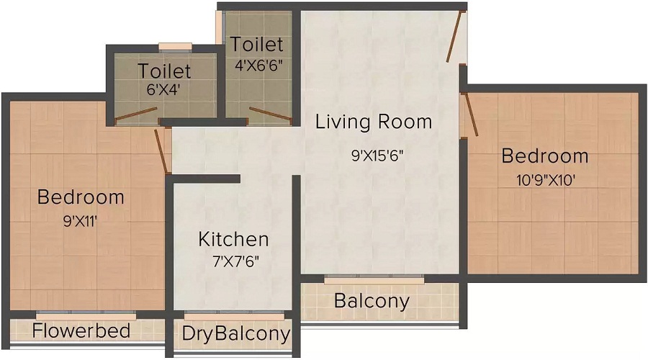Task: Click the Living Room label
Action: click(374, 121)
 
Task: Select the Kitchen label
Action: click(233, 239)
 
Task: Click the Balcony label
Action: click(372, 300)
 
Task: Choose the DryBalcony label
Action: click(235, 333)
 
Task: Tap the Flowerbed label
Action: click(81, 330)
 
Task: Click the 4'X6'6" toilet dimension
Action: click(257, 64)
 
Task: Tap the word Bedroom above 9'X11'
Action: click(81, 197)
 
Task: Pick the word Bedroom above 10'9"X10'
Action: click(545, 156)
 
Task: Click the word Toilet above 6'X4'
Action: click(165, 71)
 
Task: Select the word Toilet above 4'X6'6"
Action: click(257, 45)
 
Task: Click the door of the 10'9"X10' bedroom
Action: click(469, 115)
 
